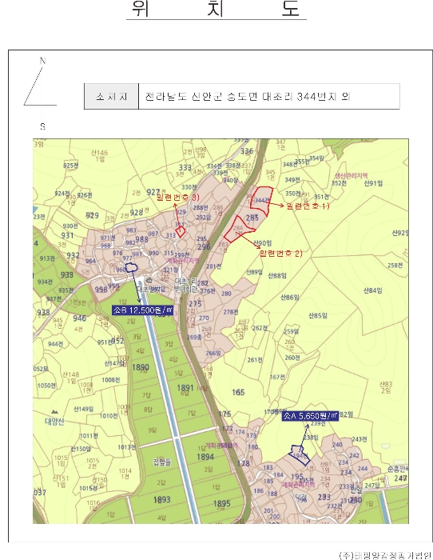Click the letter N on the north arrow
[42, 61]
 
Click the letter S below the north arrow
[42, 126]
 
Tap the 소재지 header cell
[111, 97]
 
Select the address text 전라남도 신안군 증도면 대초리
[208, 97]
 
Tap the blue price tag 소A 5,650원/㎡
[311, 417]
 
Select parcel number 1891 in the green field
[185, 387]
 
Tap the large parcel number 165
[238, 392]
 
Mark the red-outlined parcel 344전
[260, 200]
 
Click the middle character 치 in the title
[216, 10]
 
